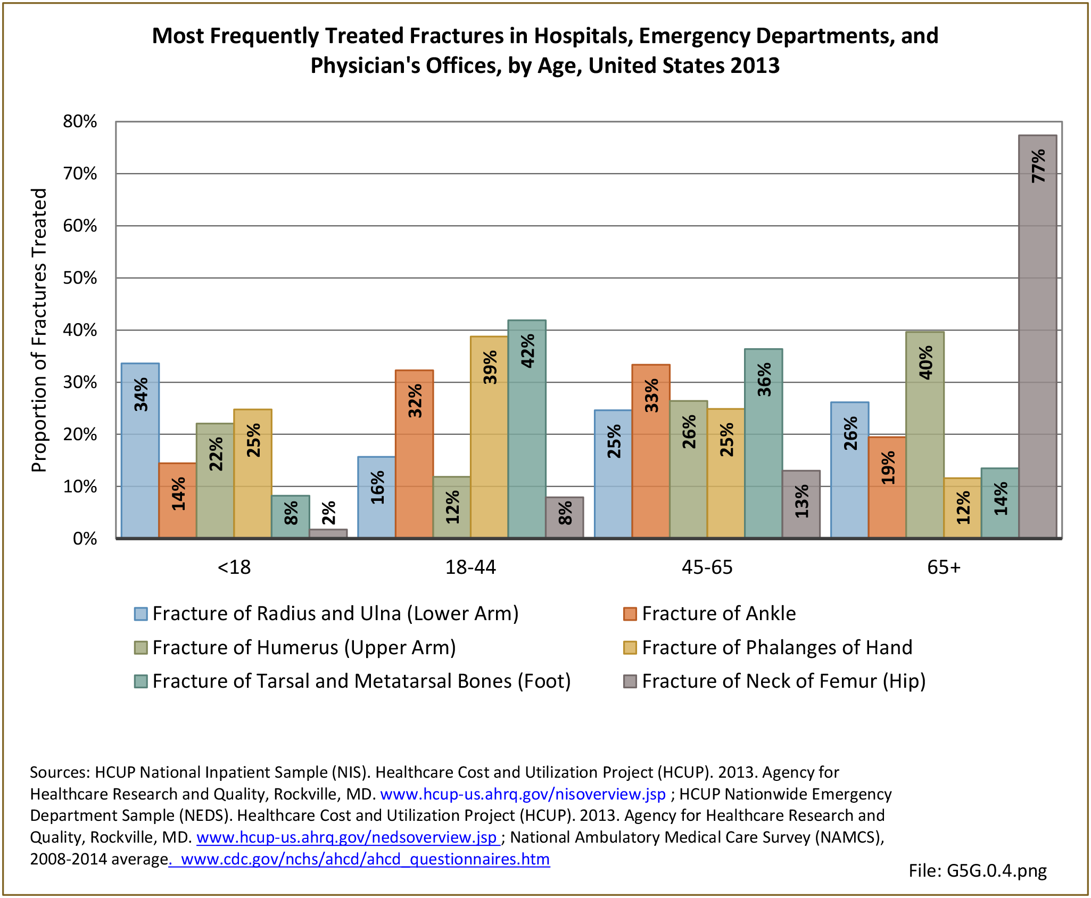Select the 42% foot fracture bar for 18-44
click(x=527, y=429)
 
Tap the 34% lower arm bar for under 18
click(x=140, y=450)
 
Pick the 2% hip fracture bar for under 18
click(x=328, y=533)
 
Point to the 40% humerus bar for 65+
click(x=925, y=434)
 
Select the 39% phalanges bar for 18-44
click(x=489, y=436)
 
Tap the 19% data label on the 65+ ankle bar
click(x=888, y=468)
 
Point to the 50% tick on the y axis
click(x=80, y=278)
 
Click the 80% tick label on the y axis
click(x=80, y=121)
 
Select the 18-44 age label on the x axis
click(x=470, y=567)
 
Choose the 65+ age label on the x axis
click(x=944, y=567)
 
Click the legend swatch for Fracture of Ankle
click(x=630, y=614)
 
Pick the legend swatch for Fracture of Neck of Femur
click(x=630, y=681)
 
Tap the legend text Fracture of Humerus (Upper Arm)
click(x=304, y=648)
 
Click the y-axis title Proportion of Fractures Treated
click(x=39, y=330)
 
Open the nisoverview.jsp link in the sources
click(x=523, y=794)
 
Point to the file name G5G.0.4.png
click(x=977, y=870)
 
